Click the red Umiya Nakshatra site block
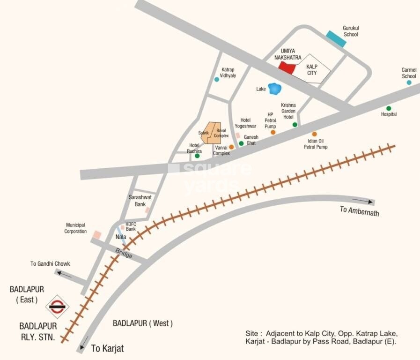287,68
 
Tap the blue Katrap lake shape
274,88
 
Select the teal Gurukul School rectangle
336,38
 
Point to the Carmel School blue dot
409,82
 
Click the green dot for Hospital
389,108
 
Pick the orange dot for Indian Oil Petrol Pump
315,134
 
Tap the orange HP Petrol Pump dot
273,132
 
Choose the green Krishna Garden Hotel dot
295,125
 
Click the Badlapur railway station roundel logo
57,307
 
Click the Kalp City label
311,70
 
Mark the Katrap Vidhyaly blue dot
216,79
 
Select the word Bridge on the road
124,254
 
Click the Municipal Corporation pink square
96,234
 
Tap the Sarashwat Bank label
137,201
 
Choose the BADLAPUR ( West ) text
143,323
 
